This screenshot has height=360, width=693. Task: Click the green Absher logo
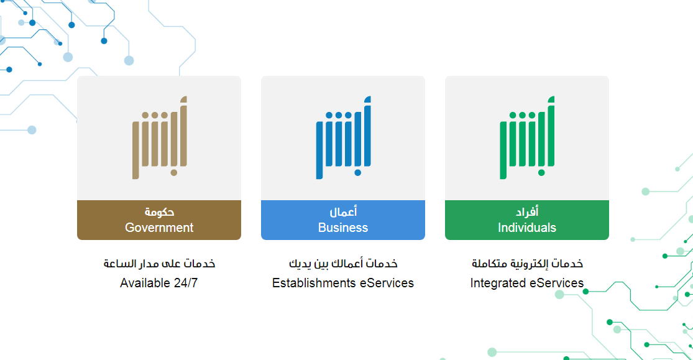point(527,137)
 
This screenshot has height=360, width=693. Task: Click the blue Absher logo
point(344,137)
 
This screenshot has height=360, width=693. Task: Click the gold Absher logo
point(160,137)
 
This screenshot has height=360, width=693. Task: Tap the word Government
point(159,228)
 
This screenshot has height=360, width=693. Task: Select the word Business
point(343,228)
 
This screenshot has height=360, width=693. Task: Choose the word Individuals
point(527,228)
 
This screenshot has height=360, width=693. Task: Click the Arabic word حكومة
point(159,212)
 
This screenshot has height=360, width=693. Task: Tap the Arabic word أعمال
point(343,212)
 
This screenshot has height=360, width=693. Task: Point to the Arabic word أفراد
point(527,212)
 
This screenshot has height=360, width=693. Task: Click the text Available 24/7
point(158,283)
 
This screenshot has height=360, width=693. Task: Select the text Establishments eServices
point(343,283)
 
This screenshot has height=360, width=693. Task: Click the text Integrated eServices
point(527,283)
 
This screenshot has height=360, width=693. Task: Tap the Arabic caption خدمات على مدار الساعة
point(159,264)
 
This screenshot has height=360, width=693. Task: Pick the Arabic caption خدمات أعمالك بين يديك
point(343,264)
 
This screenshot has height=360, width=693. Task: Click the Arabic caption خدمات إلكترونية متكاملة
point(527,264)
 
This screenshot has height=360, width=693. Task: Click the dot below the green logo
point(541,172)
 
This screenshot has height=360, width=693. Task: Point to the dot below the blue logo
point(357,172)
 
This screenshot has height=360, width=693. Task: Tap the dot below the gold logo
point(173,172)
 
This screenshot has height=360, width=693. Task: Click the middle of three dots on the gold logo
point(155,116)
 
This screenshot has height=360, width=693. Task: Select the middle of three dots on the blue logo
point(339,116)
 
